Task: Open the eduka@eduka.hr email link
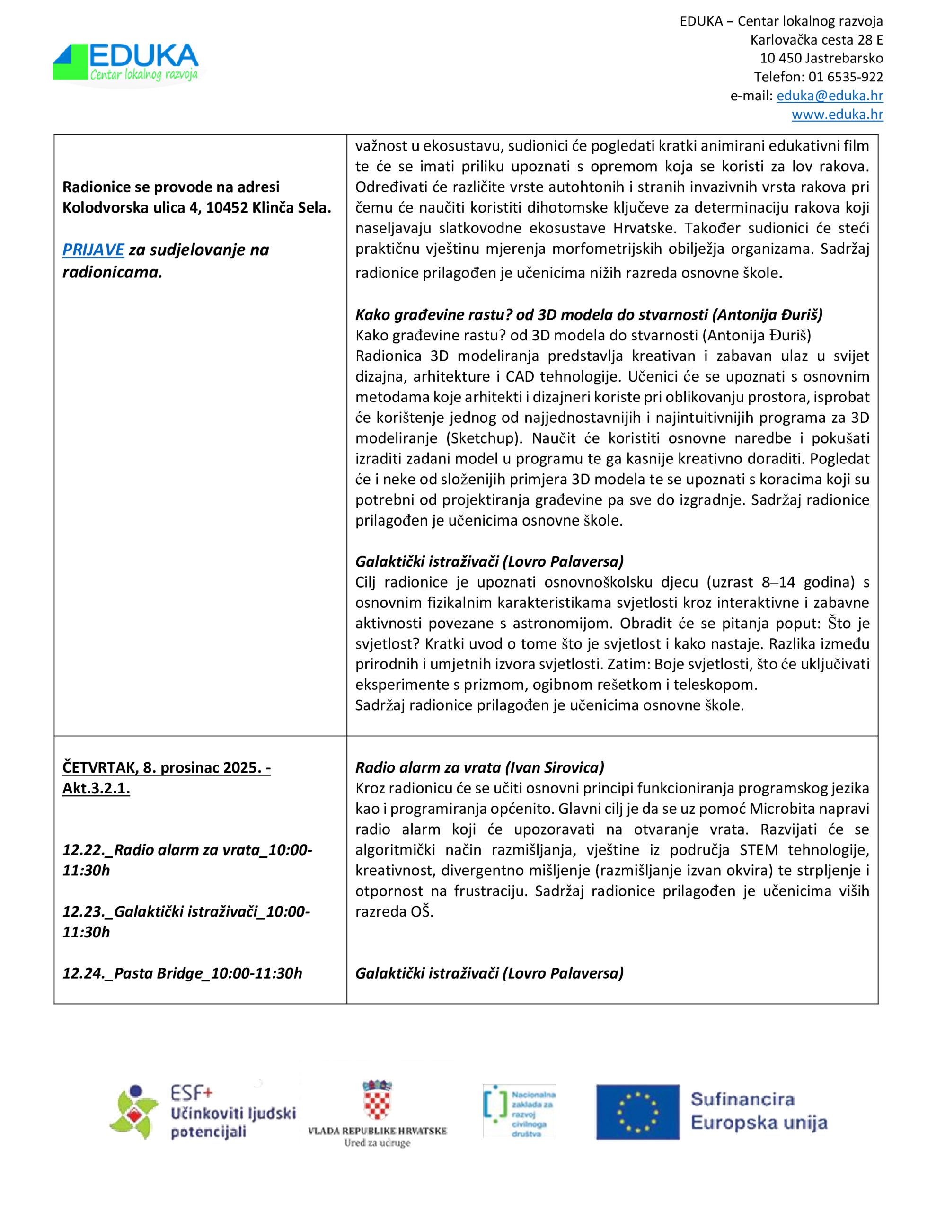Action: click(830, 96)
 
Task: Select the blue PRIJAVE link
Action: click(93, 250)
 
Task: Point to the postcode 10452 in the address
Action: click(227, 207)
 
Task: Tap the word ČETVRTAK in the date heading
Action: click(99, 767)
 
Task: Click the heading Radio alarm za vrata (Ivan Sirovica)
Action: click(479, 767)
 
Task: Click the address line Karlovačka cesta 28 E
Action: click(816, 40)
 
